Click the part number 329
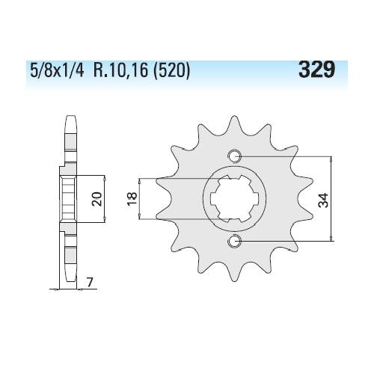tap(316, 69)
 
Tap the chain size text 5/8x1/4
tap(57, 70)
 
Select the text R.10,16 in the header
tap(120, 70)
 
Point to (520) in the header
tap(172, 71)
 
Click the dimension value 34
tap(323, 200)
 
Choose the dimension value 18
tap(132, 198)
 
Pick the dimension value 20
tap(97, 199)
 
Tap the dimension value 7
tap(90, 282)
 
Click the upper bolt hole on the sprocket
tap(234, 156)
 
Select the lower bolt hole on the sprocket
tap(234, 241)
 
